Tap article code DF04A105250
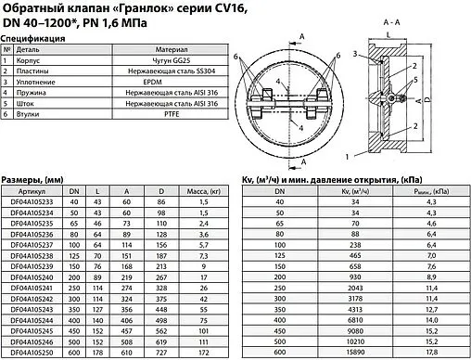(32, 354)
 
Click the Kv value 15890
(354, 354)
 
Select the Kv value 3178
(354, 301)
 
